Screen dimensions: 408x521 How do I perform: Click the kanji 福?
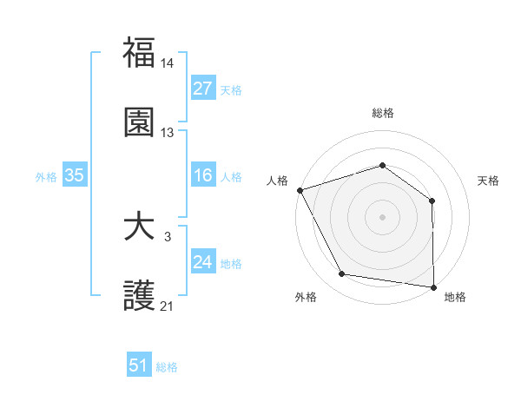coord(140,54)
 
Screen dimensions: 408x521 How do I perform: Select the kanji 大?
coord(140,227)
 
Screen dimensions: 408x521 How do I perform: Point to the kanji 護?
coord(140,296)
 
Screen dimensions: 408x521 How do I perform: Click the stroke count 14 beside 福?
coord(168,64)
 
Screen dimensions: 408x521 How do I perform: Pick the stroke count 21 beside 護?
coord(168,306)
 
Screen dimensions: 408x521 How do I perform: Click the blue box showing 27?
coord(203,89)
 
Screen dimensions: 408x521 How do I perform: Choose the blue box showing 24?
coord(203,263)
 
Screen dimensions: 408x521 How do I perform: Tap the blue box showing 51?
coord(139,366)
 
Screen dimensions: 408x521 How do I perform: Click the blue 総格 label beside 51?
coord(167,367)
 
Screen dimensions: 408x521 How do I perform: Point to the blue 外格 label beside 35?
coord(46,177)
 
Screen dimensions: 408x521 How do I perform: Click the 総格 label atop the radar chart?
coord(383,113)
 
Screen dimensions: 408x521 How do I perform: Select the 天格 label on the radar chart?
coord(489,181)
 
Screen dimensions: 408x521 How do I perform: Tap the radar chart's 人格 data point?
coord(300,190)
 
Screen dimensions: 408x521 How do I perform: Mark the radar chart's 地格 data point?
coord(433,286)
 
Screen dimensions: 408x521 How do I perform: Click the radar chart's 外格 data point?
coord(342,275)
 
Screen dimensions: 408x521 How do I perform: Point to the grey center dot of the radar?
coord(383,217)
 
